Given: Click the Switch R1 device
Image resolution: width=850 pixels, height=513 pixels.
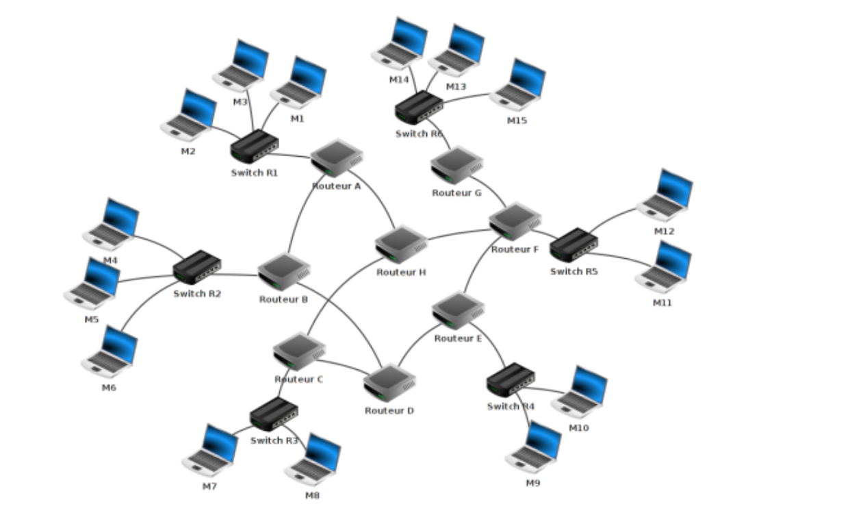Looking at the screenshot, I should pyautogui.click(x=255, y=146).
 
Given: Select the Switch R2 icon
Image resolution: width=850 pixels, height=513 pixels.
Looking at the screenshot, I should pyautogui.click(x=197, y=267).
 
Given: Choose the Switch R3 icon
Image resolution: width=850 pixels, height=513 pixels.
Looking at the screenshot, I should pyautogui.click(x=274, y=414).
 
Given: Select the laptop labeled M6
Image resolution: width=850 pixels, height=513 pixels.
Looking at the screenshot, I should pyautogui.click(x=110, y=352).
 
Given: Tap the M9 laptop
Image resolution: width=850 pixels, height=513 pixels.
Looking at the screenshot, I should pyautogui.click(x=534, y=448).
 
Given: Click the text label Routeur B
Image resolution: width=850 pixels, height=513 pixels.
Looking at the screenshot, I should pyautogui.click(x=283, y=299).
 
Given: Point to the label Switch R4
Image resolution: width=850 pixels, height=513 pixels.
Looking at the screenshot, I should pyautogui.click(x=511, y=406).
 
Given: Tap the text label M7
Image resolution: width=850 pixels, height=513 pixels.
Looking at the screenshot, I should pyautogui.click(x=209, y=486).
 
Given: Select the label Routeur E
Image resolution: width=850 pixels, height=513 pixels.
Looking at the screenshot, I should pyautogui.click(x=458, y=338).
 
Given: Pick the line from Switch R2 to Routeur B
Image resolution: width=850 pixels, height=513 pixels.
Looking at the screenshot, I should pyautogui.click(x=240, y=275).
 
